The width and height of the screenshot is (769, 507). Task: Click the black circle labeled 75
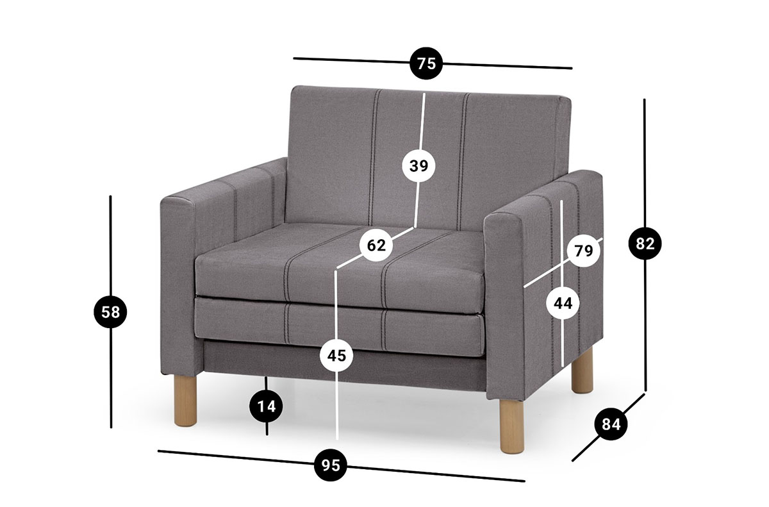click(426, 63)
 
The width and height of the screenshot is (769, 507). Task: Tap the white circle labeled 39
click(418, 166)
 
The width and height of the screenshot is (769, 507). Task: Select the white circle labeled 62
click(376, 245)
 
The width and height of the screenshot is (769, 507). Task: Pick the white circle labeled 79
click(583, 251)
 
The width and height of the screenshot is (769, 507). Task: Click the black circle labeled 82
click(645, 244)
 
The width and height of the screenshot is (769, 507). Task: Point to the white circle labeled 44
click(563, 303)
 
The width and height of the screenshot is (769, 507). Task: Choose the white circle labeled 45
click(336, 356)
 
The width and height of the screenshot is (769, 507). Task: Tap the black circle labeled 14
click(267, 406)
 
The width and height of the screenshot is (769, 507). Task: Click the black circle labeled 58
click(110, 312)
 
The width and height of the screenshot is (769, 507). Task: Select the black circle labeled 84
click(611, 424)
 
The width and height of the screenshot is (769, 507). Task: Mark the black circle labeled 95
click(331, 465)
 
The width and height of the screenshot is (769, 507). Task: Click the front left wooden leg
click(185, 401)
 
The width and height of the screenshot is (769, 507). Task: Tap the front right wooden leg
click(512, 426)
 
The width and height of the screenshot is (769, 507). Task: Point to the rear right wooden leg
click(583, 370)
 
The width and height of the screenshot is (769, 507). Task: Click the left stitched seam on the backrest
click(374, 157)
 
